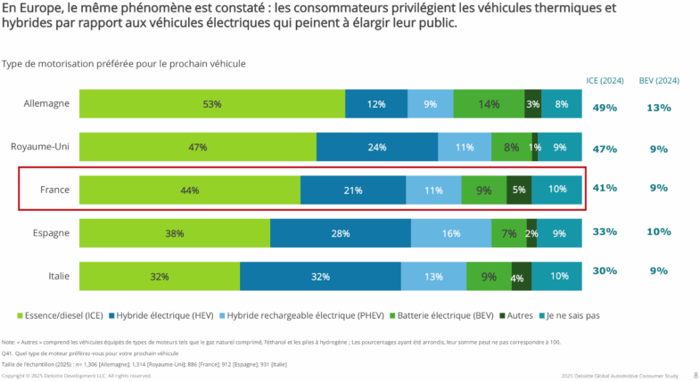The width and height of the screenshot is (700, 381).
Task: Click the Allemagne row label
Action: (46, 104)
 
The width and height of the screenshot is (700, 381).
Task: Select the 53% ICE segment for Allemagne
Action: (212, 104)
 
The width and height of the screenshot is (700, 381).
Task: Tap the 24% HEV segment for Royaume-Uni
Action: (376, 148)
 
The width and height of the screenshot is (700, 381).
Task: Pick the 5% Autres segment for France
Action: (519, 190)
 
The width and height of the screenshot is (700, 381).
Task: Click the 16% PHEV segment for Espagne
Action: (451, 233)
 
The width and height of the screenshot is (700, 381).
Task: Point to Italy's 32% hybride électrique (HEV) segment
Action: (319, 277)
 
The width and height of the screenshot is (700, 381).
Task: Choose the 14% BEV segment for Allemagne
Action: (488, 104)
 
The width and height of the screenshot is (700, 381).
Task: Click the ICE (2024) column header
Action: (605, 81)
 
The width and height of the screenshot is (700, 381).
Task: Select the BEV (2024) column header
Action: (659, 81)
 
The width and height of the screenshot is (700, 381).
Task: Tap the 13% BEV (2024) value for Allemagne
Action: (659, 108)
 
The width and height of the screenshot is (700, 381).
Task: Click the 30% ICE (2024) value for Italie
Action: (605, 272)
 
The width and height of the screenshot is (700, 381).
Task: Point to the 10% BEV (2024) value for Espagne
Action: (659, 231)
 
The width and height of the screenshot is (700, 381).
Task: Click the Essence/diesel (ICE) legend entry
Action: (61, 315)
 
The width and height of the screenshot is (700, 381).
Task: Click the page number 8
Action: (695, 376)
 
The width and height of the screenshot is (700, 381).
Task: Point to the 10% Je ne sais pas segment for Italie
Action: (559, 277)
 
